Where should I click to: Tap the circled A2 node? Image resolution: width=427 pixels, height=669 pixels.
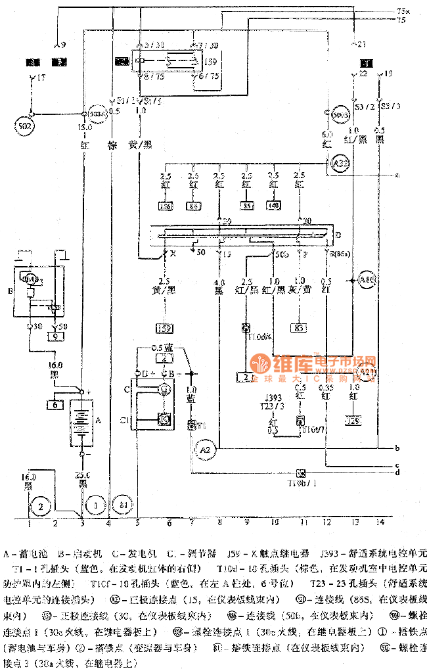[x=204, y=449]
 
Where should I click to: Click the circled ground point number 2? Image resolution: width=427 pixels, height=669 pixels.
[x=41, y=506]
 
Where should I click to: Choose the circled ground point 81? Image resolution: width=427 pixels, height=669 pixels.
[x=123, y=505]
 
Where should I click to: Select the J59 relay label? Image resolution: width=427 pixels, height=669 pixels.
[x=211, y=63]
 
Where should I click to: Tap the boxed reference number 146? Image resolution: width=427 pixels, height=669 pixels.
[x=166, y=207]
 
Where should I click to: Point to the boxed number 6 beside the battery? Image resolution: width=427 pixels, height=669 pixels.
[x=54, y=404]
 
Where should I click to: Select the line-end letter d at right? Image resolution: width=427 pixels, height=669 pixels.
[x=397, y=472]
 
